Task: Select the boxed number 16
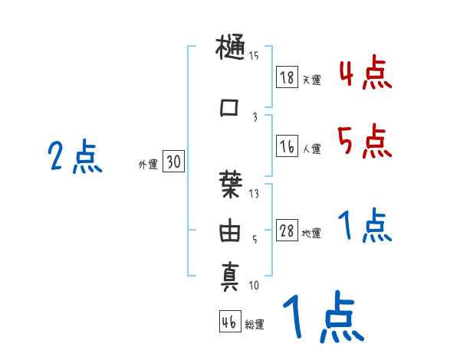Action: (x=287, y=147)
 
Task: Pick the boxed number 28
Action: (x=287, y=231)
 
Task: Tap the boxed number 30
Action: (x=173, y=162)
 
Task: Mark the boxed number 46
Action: (x=229, y=322)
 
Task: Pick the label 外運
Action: (x=147, y=165)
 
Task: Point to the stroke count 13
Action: (x=254, y=194)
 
